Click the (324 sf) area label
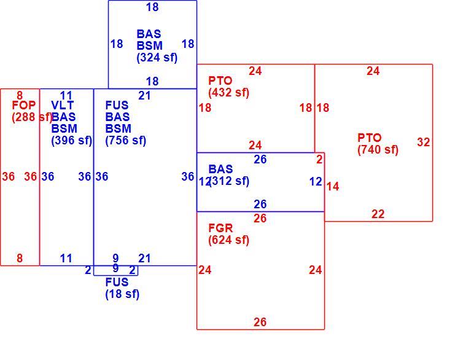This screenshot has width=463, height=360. tap(157, 58)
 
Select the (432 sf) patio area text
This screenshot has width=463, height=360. tap(228, 92)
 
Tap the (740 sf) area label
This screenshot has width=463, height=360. tap(378, 150)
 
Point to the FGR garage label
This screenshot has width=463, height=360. tap(220, 228)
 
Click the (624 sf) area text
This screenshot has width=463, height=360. tap(228, 240)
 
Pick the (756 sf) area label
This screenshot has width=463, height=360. tap(125, 141)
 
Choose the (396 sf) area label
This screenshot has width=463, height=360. tap(72, 141)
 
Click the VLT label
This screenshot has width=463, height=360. tap(62, 105)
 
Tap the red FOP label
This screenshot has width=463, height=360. tap(23, 105)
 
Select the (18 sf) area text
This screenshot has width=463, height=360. tap(122, 294)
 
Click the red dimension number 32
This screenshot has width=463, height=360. tap(424, 143)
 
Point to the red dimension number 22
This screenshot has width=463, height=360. tap(378, 214)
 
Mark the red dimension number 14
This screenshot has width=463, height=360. tap(333, 187)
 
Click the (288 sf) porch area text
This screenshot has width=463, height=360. tap(32, 117)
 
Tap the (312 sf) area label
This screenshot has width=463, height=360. tap(229, 181)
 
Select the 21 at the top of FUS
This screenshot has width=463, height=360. tap(144, 96)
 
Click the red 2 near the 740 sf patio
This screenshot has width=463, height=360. tap(319, 160)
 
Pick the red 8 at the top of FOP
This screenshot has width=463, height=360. tap(20, 96)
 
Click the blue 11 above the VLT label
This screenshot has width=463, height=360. tap(66, 96)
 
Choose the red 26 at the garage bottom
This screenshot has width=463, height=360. tap(260, 322)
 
